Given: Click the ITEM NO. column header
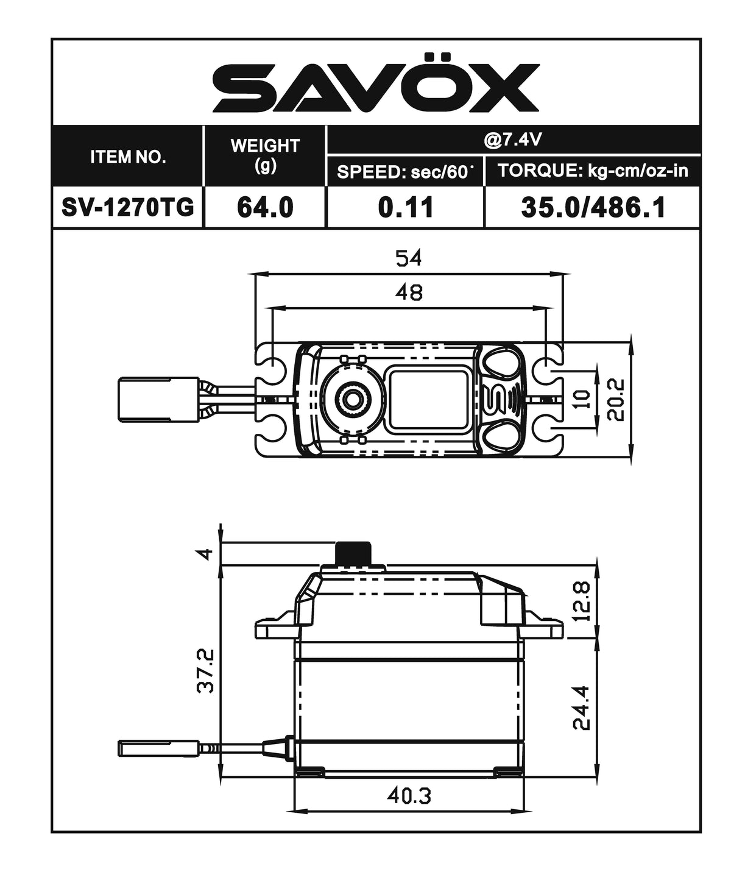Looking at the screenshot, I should pos(128,157).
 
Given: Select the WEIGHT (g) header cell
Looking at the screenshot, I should pos(265,155).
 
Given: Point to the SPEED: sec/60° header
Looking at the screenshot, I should pos(405,172).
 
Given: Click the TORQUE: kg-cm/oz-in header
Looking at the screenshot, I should pos(593,171).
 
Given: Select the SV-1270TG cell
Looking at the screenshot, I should pos(128,208).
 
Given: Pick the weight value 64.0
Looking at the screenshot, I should pos(265,208).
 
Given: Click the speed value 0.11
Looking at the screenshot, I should pos(406,208).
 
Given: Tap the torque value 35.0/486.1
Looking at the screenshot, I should pos(593,208).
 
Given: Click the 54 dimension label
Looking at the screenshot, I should pos(408,258).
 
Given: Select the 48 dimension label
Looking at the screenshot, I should pos(408,292).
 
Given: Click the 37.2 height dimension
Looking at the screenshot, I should pos(206,670).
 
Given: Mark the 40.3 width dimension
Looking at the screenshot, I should pos(409,795).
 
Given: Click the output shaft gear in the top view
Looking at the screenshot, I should pos(351,399).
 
